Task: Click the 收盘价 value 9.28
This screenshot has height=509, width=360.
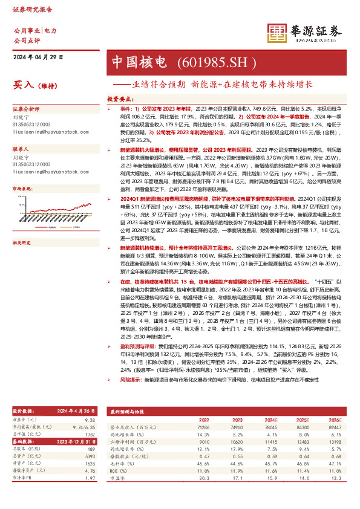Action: click(x=91, y=419)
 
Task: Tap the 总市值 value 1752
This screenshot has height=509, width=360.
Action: click(x=91, y=433)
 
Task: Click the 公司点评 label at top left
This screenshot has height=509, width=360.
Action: click(x=27, y=40)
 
